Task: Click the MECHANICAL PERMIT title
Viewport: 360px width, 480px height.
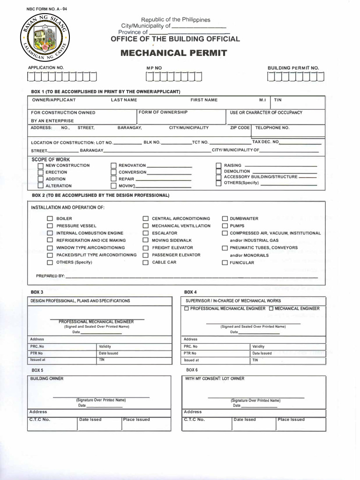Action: pos(173,53)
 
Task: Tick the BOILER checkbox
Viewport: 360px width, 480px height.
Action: pos(50,219)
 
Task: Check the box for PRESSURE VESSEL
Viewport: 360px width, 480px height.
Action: pos(50,226)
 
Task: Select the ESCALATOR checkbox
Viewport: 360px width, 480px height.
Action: pos(145,233)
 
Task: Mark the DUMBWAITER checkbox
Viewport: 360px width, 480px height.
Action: pos(225,219)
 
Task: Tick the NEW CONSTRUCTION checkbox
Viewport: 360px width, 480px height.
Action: pos(41,166)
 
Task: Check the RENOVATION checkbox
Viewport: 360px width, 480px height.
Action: pos(113,166)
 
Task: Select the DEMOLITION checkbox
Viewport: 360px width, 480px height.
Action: pos(218,172)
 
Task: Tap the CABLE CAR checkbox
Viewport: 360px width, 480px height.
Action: pos(145,262)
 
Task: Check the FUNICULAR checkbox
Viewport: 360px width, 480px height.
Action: pos(225,263)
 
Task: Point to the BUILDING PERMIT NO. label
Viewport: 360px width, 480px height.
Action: pos(293,68)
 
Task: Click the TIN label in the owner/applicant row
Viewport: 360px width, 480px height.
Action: pos(278,100)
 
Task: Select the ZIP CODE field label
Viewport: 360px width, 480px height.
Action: pos(240,127)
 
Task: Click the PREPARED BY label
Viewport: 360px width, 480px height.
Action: pos(50,276)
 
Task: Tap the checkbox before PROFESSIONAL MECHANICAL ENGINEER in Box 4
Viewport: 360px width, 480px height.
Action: pos(187,309)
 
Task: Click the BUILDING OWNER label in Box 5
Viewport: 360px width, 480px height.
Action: pos(47,378)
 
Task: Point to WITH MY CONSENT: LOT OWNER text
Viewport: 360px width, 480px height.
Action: pos(214,378)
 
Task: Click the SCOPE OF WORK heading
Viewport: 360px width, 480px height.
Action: pos(51,159)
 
